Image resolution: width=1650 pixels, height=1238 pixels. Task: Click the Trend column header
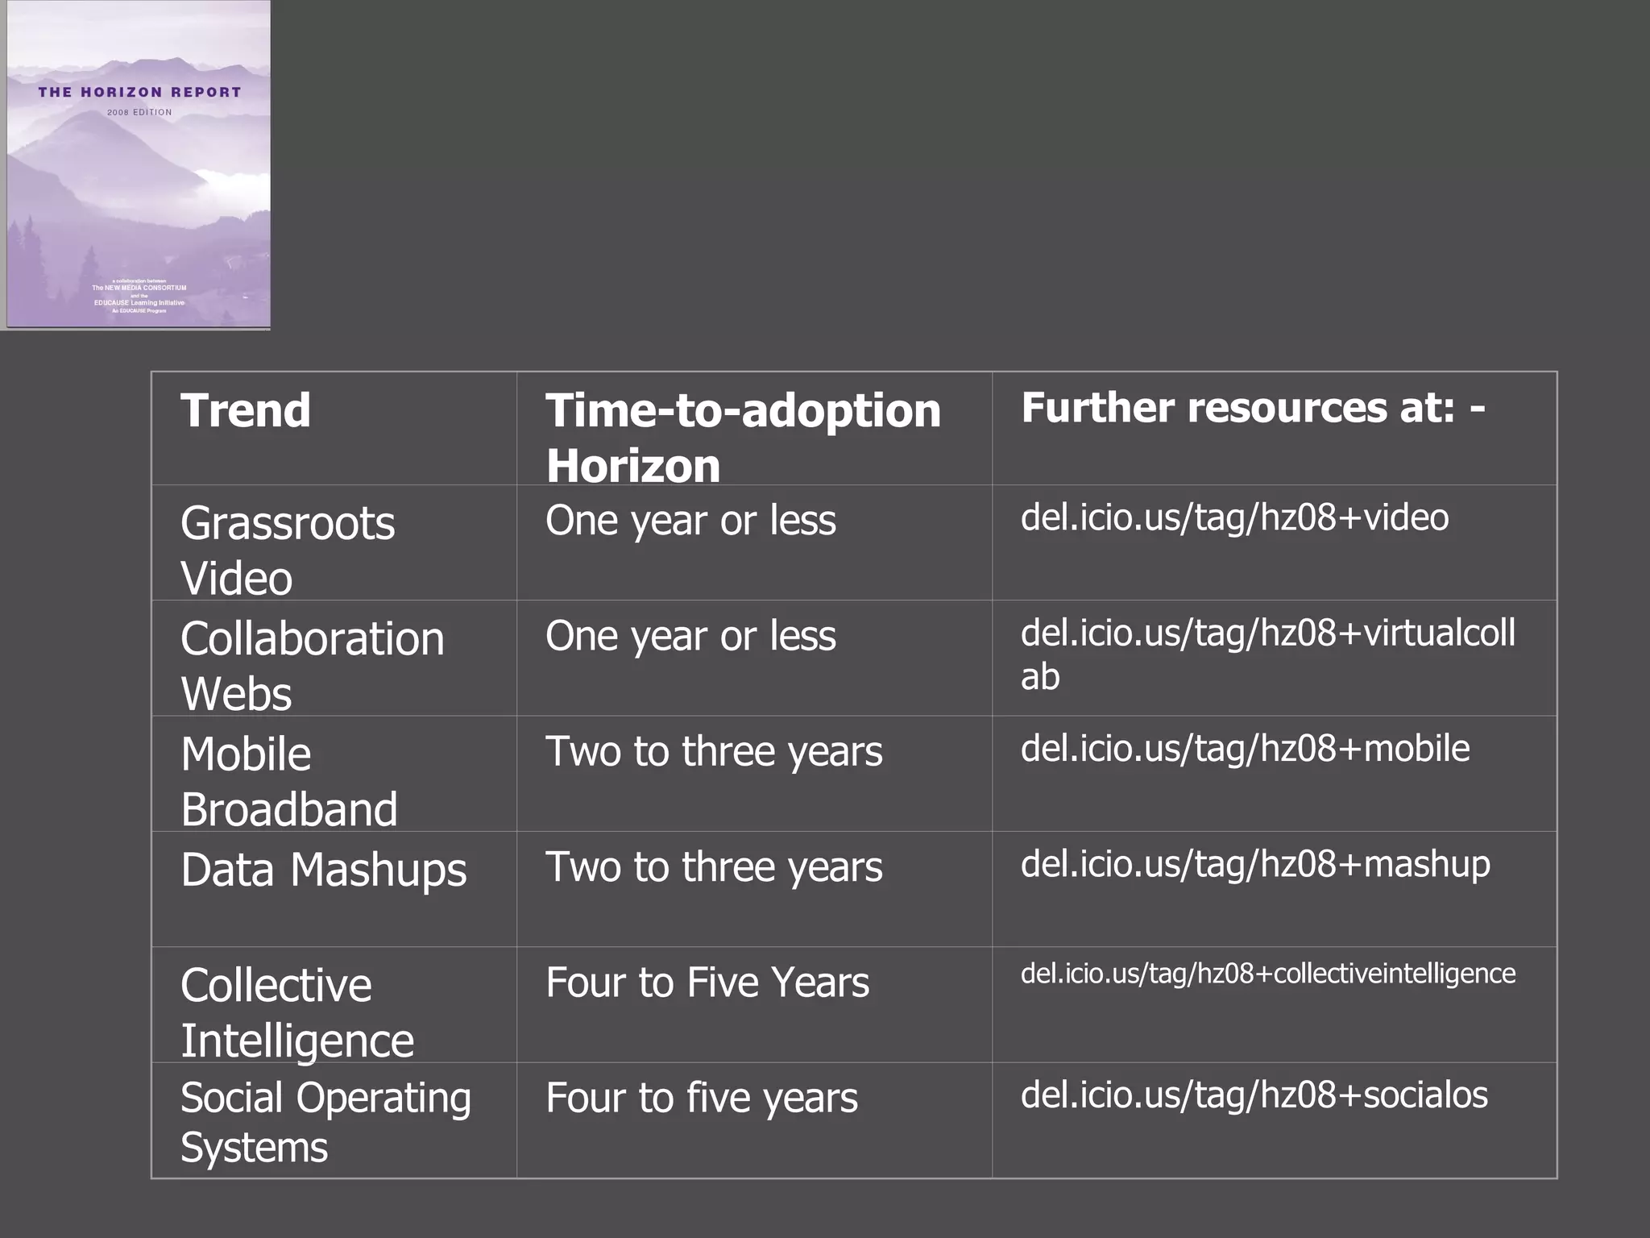[246, 411]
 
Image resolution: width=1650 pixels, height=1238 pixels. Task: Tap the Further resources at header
[1252, 408]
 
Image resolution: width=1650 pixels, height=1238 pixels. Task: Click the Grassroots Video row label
[288, 550]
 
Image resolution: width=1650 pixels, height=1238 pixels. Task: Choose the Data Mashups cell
[323, 870]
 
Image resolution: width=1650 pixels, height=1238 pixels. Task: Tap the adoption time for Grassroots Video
[690, 521]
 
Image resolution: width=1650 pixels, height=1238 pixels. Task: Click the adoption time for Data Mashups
[714, 867]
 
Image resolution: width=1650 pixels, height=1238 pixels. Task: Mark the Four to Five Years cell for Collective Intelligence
[707, 983]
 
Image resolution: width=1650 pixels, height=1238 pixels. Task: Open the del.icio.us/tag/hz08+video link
[1234, 517]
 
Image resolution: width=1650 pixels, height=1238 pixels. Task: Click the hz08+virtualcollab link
[1267, 653]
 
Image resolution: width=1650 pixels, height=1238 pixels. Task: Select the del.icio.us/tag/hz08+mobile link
[1245, 749]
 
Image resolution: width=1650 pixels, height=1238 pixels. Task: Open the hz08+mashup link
[1255, 864]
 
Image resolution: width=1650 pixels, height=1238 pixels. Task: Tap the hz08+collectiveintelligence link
[1267, 974]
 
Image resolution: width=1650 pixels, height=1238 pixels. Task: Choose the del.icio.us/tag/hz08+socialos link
[1254, 1095]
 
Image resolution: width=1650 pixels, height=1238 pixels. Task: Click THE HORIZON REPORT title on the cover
[139, 93]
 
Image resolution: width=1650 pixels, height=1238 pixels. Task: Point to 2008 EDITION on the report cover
[139, 113]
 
